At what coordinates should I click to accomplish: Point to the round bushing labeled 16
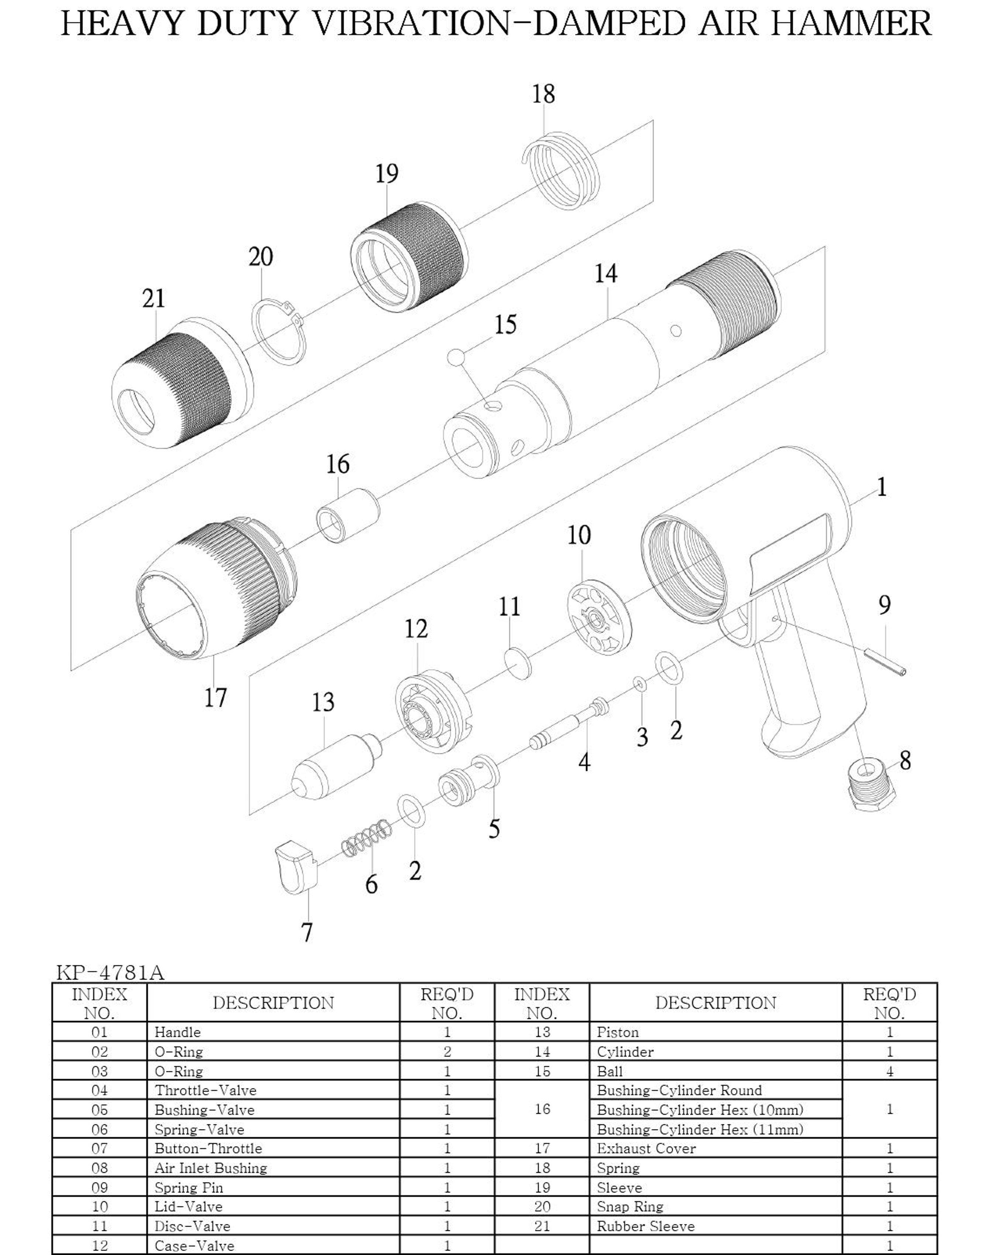347,515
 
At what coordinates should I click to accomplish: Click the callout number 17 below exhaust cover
215,697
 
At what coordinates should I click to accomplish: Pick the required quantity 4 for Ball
889,1071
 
